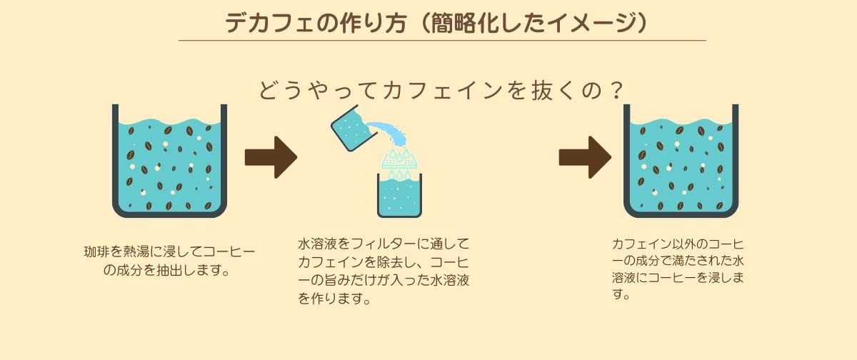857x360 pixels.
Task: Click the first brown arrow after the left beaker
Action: tap(270, 157)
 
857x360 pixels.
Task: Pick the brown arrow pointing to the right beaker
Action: tap(584, 157)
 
